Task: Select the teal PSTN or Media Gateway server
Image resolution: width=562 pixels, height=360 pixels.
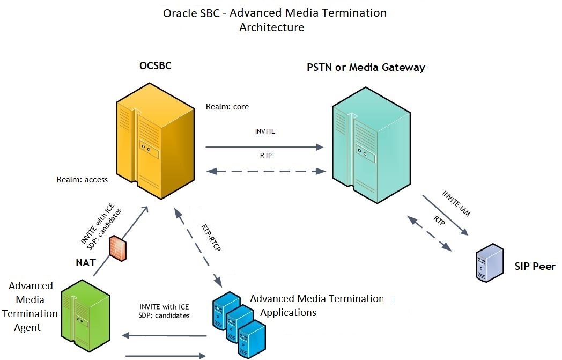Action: click(371, 145)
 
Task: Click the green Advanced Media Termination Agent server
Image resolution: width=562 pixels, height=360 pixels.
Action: click(85, 317)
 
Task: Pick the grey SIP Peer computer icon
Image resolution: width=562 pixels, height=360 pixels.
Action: click(490, 263)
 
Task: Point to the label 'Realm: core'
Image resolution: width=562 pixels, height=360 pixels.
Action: click(227, 107)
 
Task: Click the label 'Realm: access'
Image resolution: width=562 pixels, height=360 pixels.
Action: click(82, 180)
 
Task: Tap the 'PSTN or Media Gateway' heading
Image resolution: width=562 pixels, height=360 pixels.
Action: click(366, 68)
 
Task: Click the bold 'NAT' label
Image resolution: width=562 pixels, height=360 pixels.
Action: click(85, 263)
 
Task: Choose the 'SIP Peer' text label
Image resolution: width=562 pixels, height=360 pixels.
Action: click(535, 266)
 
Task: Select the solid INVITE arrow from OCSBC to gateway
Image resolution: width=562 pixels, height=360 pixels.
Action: click(265, 146)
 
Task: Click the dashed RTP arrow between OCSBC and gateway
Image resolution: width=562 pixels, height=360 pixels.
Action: click(267, 171)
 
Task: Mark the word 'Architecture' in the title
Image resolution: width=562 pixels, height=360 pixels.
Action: click(271, 27)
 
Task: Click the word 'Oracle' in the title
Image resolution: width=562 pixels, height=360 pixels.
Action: click(180, 13)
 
